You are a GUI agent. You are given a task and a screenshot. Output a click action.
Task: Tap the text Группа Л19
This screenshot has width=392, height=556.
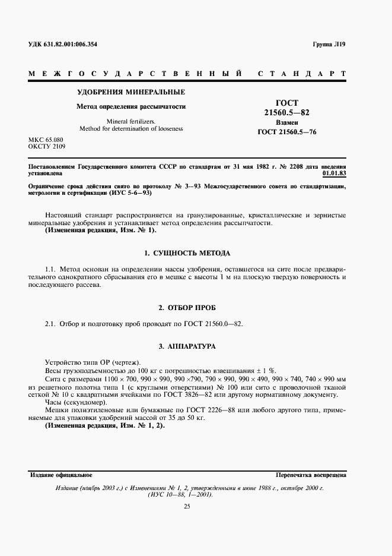click(x=329, y=45)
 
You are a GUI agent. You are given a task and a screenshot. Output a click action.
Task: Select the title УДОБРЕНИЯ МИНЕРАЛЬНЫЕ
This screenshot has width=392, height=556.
click(x=132, y=92)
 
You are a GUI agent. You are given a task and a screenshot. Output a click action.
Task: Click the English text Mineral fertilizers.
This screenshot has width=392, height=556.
click(x=132, y=121)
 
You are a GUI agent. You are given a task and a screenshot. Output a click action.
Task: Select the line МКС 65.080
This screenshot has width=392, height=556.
click(x=46, y=140)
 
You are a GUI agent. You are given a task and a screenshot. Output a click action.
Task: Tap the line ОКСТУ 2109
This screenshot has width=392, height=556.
click(x=47, y=146)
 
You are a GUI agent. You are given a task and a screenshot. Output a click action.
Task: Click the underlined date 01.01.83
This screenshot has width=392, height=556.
click(x=334, y=174)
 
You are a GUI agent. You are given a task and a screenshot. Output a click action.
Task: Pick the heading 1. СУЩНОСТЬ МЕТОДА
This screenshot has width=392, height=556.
click(x=187, y=253)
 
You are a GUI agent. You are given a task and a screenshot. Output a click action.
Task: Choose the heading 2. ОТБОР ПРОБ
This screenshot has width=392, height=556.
click(x=187, y=308)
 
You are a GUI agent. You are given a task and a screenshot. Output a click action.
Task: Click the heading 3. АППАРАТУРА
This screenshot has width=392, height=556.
click(x=187, y=346)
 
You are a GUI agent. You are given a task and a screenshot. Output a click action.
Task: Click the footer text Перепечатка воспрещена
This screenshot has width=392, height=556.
click(x=311, y=476)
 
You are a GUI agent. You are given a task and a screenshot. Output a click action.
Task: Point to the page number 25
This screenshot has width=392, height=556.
click(x=187, y=506)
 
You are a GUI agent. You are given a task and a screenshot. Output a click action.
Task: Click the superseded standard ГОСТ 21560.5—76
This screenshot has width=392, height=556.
click(x=287, y=132)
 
